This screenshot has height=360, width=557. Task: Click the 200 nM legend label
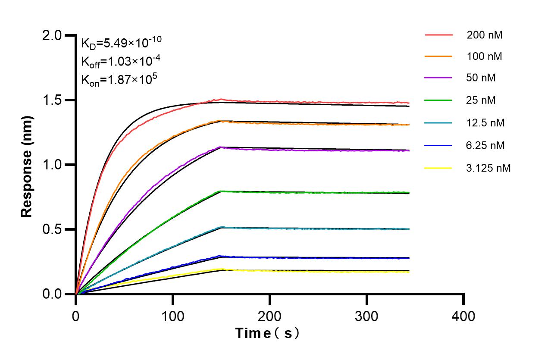pos(484,35)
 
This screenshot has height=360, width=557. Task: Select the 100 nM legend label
pos(484,56)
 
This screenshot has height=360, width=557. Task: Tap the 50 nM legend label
pos(481,78)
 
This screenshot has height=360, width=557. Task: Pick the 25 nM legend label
pos(481,100)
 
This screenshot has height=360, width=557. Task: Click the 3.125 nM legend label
pos(488,168)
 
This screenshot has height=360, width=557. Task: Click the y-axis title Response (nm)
pos(28,165)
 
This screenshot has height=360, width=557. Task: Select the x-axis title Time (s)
pos(267,333)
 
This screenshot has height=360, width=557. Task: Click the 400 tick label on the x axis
pos(463,316)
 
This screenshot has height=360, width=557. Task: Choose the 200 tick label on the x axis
pos(270,316)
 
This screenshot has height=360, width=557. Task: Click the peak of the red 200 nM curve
pos(221,100)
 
